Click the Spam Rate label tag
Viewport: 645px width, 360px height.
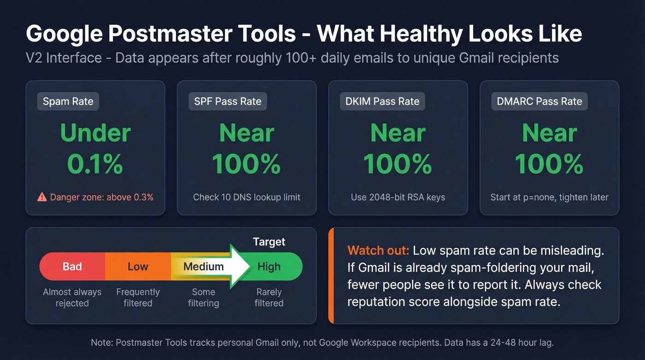click(68, 101)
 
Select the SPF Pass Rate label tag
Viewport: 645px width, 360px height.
click(228, 101)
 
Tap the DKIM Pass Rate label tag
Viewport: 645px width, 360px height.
click(382, 101)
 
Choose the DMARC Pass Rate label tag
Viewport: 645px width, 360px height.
click(539, 101)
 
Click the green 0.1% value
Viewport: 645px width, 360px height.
click(95, 164)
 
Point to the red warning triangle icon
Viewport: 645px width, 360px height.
click(42, 197)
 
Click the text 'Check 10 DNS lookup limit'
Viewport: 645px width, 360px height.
click(246, 197)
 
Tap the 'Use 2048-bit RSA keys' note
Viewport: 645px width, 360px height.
click(398, 197)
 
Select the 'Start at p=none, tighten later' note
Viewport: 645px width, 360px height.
click(549, 197)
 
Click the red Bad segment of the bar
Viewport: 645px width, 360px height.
click(72, 266)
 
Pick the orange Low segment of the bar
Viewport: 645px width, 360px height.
click(138, 266)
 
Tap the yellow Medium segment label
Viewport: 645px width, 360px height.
click(203, 266)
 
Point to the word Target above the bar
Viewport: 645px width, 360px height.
click(269, 242)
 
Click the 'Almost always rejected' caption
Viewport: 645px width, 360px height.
click(72, 297)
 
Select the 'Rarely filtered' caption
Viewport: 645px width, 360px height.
click(269, 297)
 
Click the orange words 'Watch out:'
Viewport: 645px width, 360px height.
click(378, 251)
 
